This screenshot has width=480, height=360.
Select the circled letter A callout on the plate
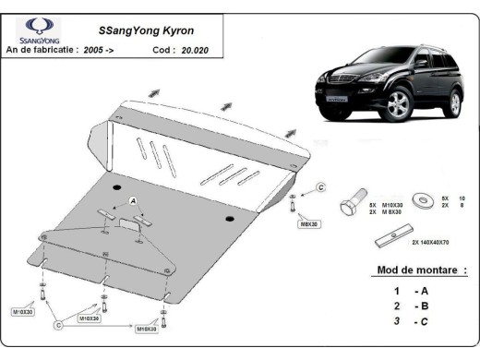pyautogui.click(x=133, y=200)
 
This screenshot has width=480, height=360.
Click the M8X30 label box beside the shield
pyautogui.click(x=307, y=223)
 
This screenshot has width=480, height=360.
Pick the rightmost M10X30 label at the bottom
pyautogui.click(x=147, y=329)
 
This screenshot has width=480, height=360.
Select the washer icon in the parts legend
pyautogui.click(x=426, y=200)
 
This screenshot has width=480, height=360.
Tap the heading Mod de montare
pyautogui.click(x=421, y=270)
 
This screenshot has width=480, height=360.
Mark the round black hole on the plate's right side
pyautogui.click(x=228, y=219)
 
